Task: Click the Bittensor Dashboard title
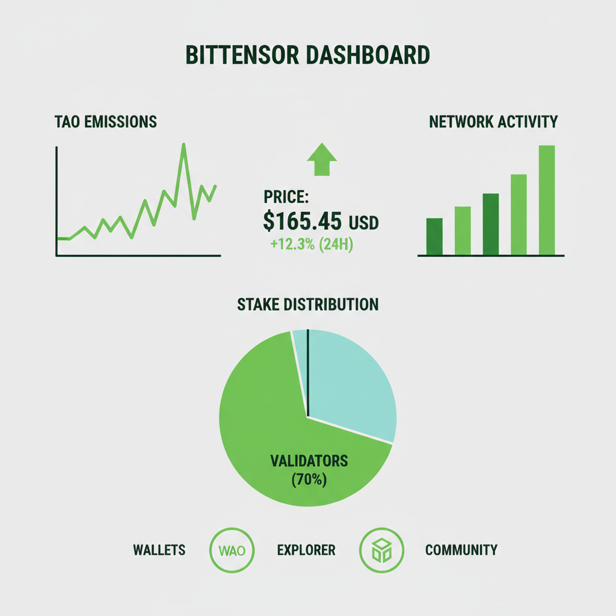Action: (x=307, y=55)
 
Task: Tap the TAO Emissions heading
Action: (x=105, y=122)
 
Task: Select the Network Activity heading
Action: (x=493, y=122)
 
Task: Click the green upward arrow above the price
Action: (x=322, y=159)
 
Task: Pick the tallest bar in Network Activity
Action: (x=546, y=200)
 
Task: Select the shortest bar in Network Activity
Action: (x=434, y=236)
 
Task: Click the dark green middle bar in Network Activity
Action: (x=490, y=224)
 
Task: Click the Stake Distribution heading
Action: (x=308, y=304)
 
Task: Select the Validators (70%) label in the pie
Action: (x=309, y=470)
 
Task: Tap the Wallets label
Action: (x=159, y=550)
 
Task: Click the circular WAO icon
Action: (x=232, y=550)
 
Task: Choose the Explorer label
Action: (x=306, y=550)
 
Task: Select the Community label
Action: (x=461, y=550)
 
